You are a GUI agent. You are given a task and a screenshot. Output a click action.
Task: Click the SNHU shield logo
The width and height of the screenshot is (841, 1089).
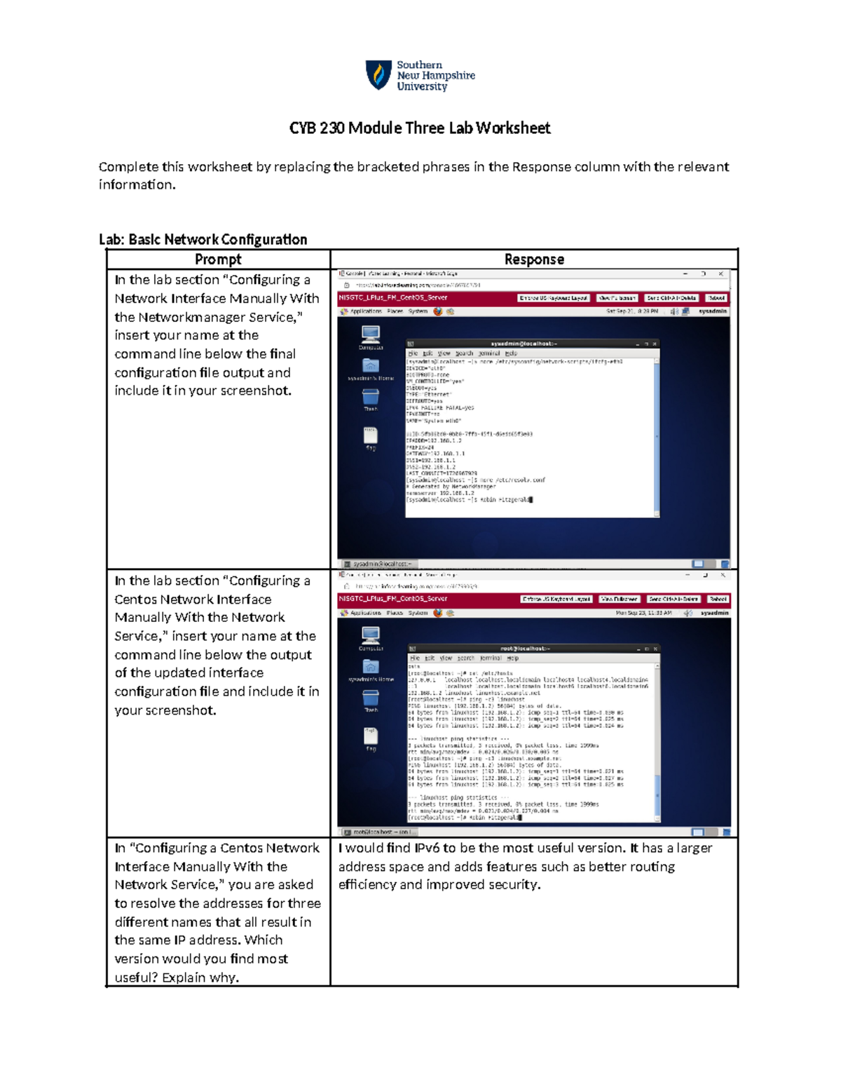pyautogui.click(x=378, y=74)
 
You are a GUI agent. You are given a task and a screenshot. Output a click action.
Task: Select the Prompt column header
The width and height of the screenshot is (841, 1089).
pyautogui.click(x=218, y=259)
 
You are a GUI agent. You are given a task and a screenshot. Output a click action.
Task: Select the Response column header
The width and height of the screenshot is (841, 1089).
pyautogui.click(x=534, y=259)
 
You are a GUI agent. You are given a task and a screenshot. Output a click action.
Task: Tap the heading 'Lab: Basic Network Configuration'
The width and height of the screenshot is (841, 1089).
pyautogui.click(x=203, y=240)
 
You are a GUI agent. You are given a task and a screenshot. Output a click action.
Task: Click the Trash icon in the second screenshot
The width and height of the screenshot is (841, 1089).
pyautogui.click(x=371, y=698)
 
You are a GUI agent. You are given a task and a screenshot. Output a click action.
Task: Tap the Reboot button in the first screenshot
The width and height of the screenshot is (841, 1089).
pyautogui.click(x=716, y=298)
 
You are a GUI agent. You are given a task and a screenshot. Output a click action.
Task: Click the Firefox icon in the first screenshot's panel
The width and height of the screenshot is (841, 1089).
pyautogui.click(x=438, y=311)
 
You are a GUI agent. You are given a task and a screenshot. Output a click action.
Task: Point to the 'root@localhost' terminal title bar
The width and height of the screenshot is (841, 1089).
pyautogui.click(x=525, y=649)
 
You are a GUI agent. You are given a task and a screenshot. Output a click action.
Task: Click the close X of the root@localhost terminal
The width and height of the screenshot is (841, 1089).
pyautogui.click(x=655, y=649)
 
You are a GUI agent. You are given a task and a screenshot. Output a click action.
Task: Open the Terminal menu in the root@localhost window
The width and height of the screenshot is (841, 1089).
pyautogui.click(x=489, y=658)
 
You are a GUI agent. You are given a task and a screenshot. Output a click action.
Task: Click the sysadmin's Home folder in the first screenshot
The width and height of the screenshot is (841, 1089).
pyautogui.click(x=371, y=367)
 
